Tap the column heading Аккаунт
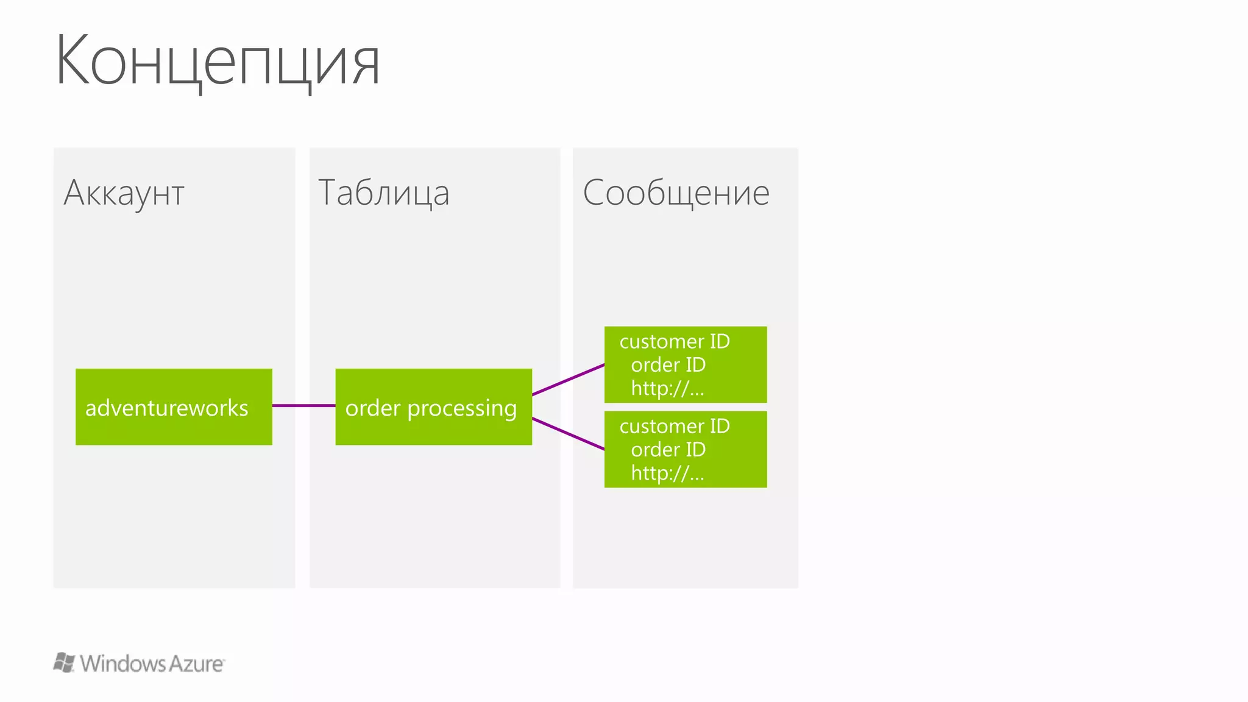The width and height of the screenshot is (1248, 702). click(124, 193)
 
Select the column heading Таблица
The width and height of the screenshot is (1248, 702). click(383, 193)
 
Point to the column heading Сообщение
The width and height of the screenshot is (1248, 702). click(676, 193)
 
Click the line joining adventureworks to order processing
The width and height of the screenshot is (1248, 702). click(303, 405)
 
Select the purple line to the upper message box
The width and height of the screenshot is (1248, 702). click(568, 380)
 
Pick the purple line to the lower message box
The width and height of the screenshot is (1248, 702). click(568, 434)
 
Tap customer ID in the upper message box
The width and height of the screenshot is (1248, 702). click(674, 341)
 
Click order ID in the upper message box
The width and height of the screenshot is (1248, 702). click(668, 365)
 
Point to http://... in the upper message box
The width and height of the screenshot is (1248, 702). click(667, 388)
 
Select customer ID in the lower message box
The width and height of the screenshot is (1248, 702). click(674, 426)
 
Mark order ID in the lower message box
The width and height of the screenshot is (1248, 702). click(668, 450)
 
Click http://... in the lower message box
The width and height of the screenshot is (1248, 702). click(667, 473)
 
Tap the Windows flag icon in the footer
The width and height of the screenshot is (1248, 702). click(64, 662)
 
